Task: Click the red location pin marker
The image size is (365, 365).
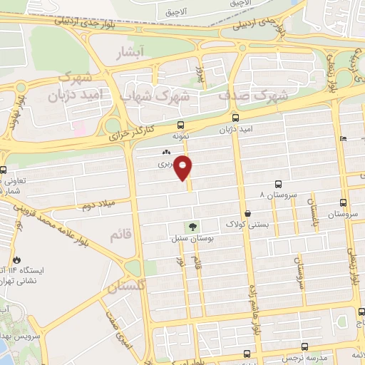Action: click(x=184, y=167)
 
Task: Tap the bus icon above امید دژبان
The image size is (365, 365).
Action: click(x=237, y=118)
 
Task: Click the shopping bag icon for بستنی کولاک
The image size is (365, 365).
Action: click(x=247, y=213)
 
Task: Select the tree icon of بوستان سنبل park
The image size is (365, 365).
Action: click(x=194, y=227)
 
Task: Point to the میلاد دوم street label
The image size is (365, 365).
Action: click(x=98, y=205)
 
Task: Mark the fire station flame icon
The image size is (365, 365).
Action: click(x=17, y=259)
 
